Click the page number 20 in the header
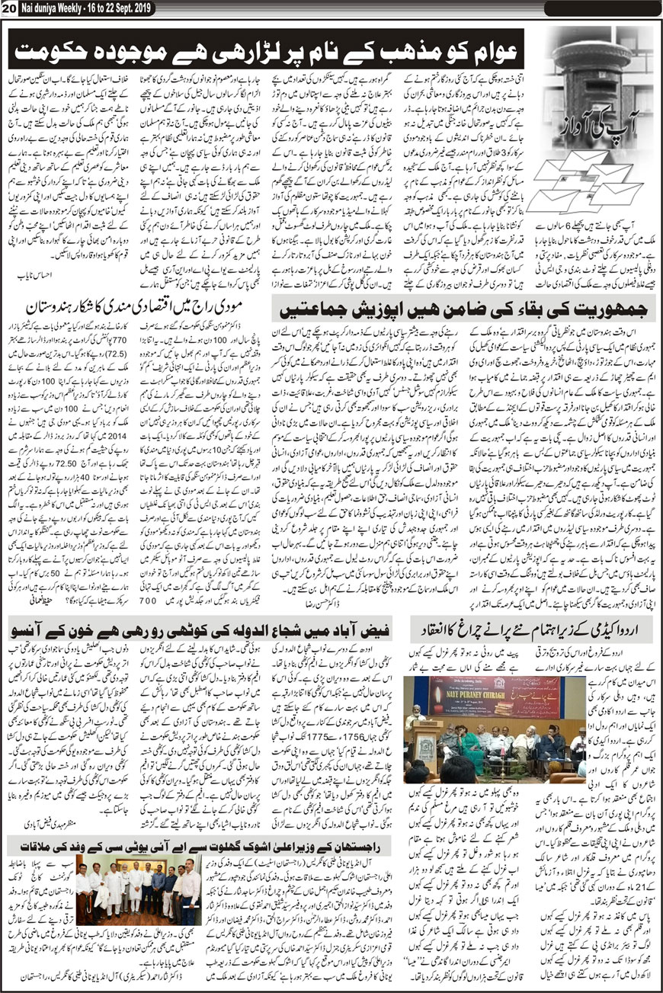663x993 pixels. [8, 7]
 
